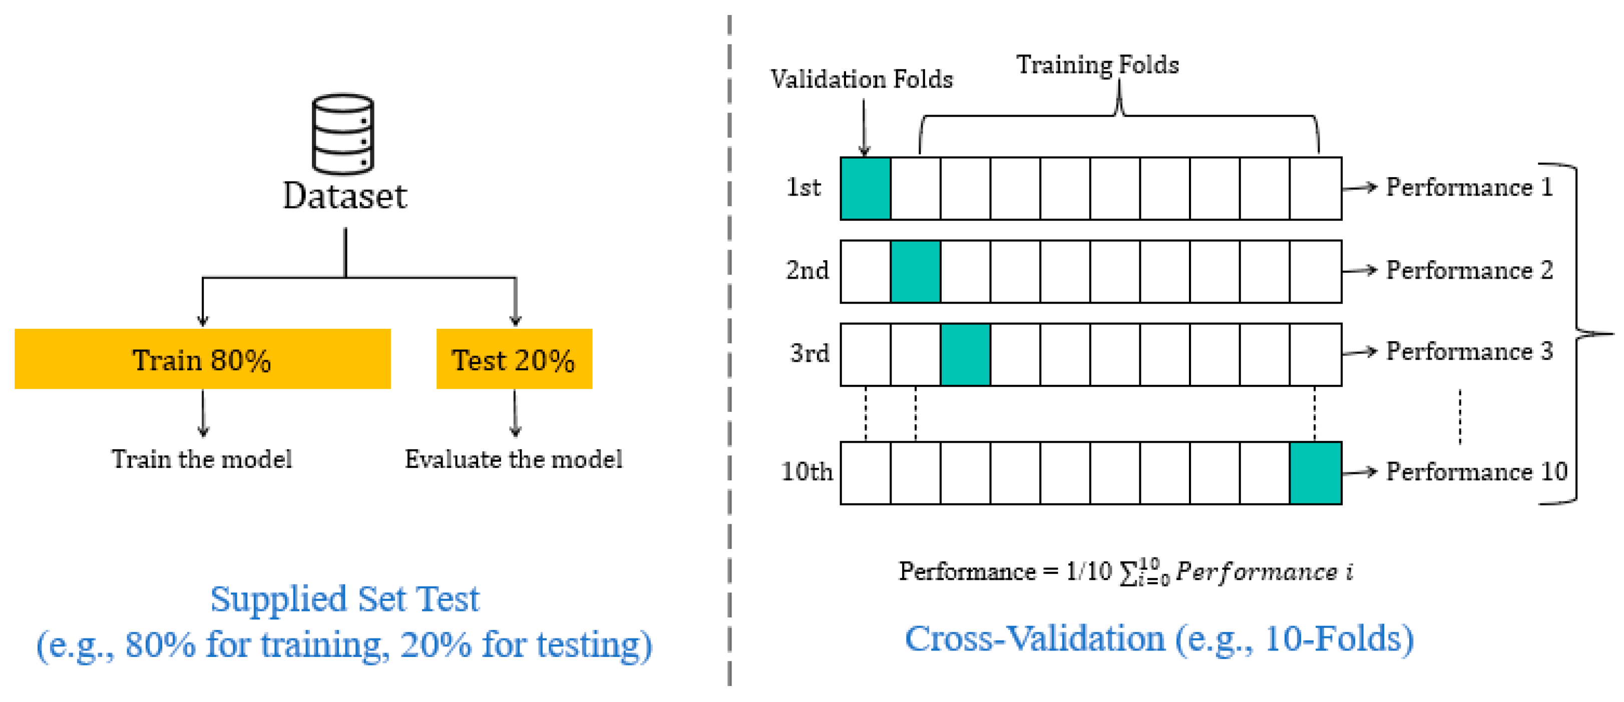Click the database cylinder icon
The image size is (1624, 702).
tap(343, 134)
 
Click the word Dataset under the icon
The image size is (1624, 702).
tap(345, 196)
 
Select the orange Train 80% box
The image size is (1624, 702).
tap(202, 359)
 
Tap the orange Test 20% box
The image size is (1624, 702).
tap(514, 359)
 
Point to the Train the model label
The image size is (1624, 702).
tap(202, 459)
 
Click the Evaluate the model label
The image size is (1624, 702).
tap(513, 459)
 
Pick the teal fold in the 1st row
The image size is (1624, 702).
tap(865, 189)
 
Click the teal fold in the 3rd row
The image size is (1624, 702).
tap(965, 354)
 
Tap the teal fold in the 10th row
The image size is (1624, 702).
tap(1315, 473)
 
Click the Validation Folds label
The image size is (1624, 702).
tap(861, 80)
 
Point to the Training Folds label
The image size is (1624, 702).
tap(1097, 65)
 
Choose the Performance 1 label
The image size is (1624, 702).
tap(1469, 187)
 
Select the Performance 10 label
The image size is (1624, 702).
tap(1476, 471)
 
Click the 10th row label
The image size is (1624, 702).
tap(806, 471)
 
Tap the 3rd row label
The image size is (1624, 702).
tap(809, 353)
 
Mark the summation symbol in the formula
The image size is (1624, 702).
tap(1128, 573)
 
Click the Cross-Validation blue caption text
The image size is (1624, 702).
tap(1159, 639)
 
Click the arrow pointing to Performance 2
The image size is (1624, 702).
tap(1359, 270)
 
